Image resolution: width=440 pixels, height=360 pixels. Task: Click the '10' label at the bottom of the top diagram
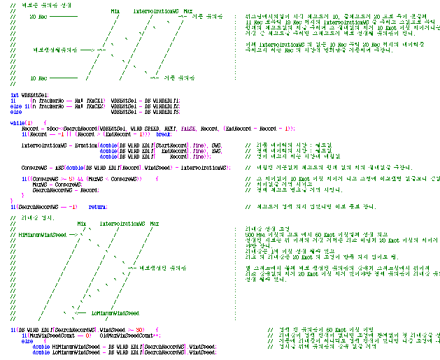click(23, 78)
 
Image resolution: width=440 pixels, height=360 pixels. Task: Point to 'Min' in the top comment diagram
click(115, 11)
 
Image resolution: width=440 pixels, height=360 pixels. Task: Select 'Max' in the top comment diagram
click(187, 11)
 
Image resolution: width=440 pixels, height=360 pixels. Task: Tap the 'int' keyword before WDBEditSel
click(14, 94)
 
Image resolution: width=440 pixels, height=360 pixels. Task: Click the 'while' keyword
click(16, 122)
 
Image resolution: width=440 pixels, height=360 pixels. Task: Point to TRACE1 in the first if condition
click(78, 100)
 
